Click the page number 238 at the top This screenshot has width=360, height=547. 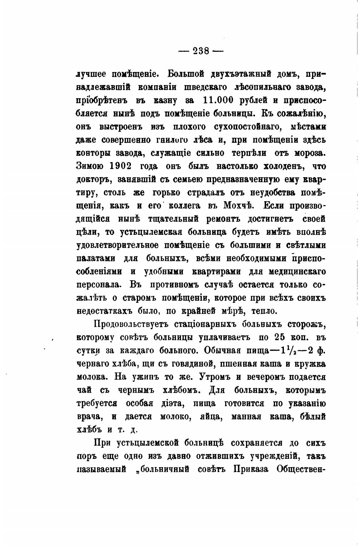(201, 51)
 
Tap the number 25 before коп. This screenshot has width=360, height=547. (280, 337)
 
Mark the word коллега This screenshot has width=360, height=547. (185, 206)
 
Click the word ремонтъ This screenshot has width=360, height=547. (223, 219)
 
